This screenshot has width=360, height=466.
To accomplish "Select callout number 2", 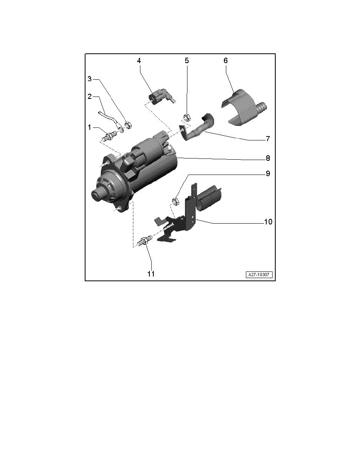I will point(89,96).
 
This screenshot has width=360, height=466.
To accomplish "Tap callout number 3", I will point(89,79).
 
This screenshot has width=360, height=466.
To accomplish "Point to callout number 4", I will point(139,61).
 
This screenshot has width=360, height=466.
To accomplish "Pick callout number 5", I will point(187,61).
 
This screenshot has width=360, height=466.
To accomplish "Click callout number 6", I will point(225,61).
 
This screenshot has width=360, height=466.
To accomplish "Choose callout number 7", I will point(267,138).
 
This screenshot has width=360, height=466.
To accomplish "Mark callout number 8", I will point(267,158).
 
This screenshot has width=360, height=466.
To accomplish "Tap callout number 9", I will point(267,173).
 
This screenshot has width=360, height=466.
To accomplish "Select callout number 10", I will point(267,222).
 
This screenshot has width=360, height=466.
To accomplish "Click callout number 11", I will point(151,274).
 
